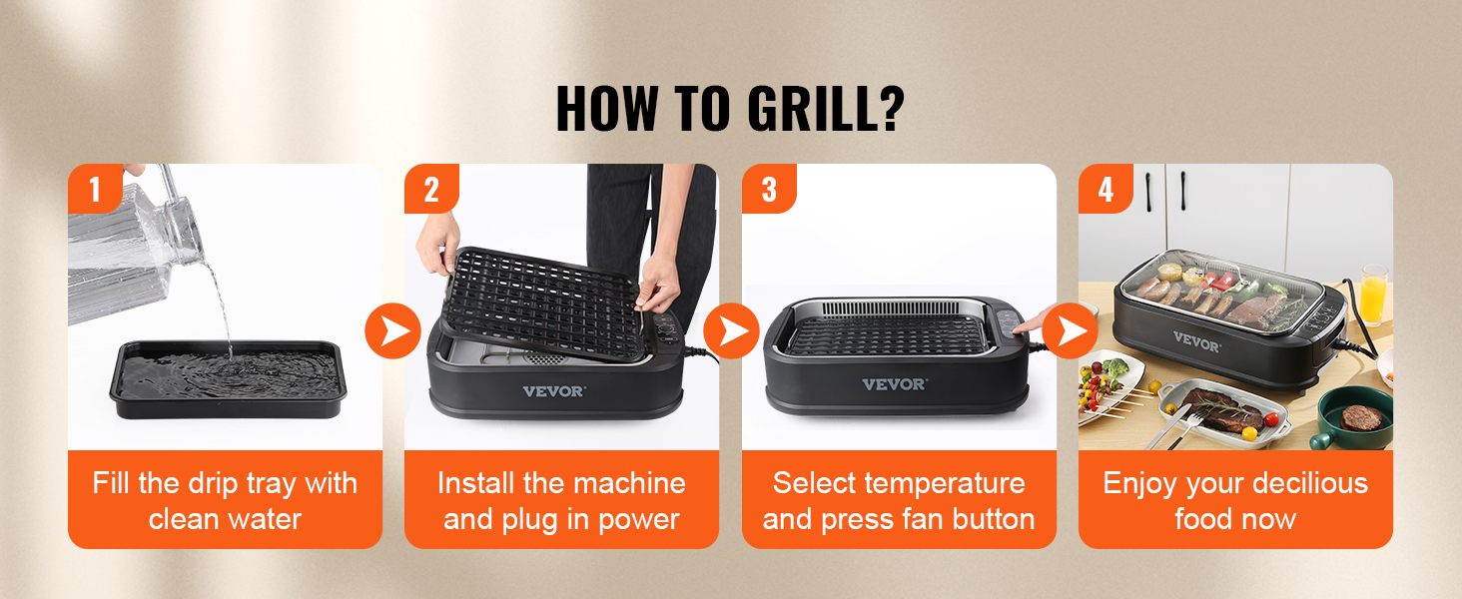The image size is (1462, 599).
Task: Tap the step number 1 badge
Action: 95,190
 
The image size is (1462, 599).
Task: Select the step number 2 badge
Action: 431,190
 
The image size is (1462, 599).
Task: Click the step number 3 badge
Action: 769,190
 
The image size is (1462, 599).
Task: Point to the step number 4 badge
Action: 1105,190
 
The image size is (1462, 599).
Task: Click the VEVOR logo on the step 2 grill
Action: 553,390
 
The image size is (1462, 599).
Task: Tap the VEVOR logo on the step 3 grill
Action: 894,384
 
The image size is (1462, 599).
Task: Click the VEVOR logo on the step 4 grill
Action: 1195,343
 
